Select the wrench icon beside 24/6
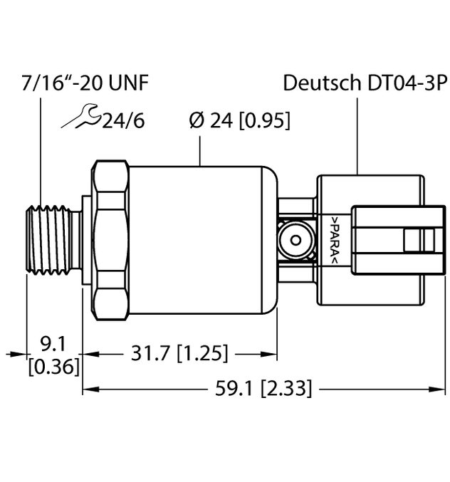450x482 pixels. [79, 117]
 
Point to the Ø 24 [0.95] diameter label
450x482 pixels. [239, 121]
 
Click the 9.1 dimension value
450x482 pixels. [52, 345]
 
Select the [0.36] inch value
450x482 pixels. [52, 367]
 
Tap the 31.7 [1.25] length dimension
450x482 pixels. [181, 352]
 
